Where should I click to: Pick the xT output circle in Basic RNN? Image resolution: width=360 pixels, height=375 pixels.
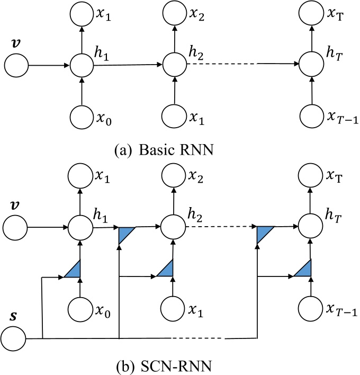(x=311, y=15)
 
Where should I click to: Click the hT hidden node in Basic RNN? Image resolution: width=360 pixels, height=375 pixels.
(x=311, y=66)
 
